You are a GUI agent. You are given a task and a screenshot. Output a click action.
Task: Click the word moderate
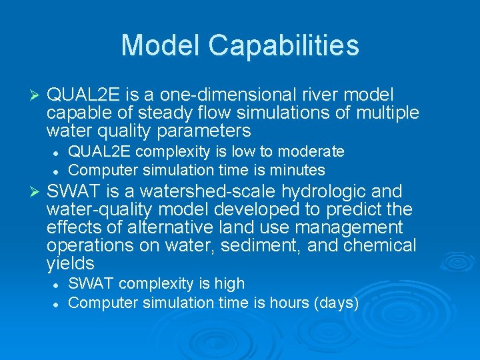[x=313, y=152]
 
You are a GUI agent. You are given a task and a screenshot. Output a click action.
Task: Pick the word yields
[x=71, y=264]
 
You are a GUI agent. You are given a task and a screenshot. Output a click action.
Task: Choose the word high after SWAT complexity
[x=229, y=284]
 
